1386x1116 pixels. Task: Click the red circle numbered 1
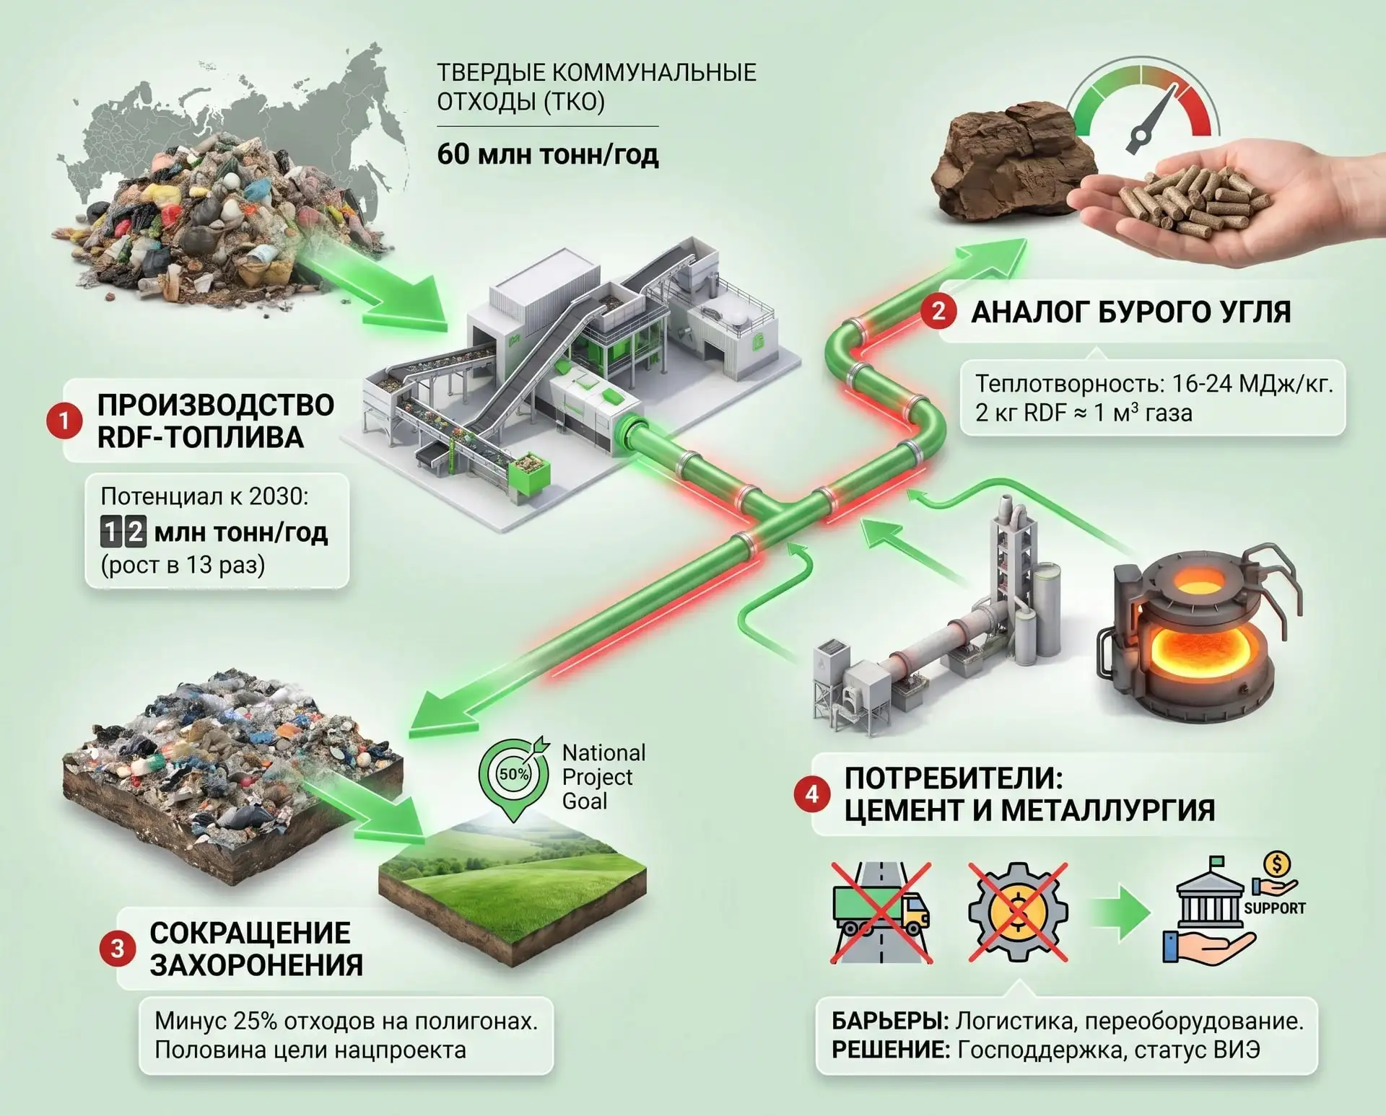pos(64,421)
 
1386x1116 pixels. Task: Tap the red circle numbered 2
pos(938,312)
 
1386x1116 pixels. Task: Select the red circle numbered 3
pos(118,949)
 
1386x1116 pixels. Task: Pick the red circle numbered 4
pos(812,794)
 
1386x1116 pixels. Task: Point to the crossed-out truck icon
pos(881,913)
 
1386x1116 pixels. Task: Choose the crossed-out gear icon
pos(1017,913)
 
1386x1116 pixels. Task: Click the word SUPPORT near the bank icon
pos(1275,908)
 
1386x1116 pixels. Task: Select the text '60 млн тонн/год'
pos(548,154)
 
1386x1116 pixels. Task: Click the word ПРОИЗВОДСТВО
pos(216,405)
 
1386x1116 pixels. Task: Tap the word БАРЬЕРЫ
pos(890,1021)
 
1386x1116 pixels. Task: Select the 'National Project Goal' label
pos(603,777)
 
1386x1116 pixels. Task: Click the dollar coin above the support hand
pos(1277,864)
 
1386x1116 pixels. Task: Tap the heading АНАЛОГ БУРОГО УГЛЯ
pos(1131,312)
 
